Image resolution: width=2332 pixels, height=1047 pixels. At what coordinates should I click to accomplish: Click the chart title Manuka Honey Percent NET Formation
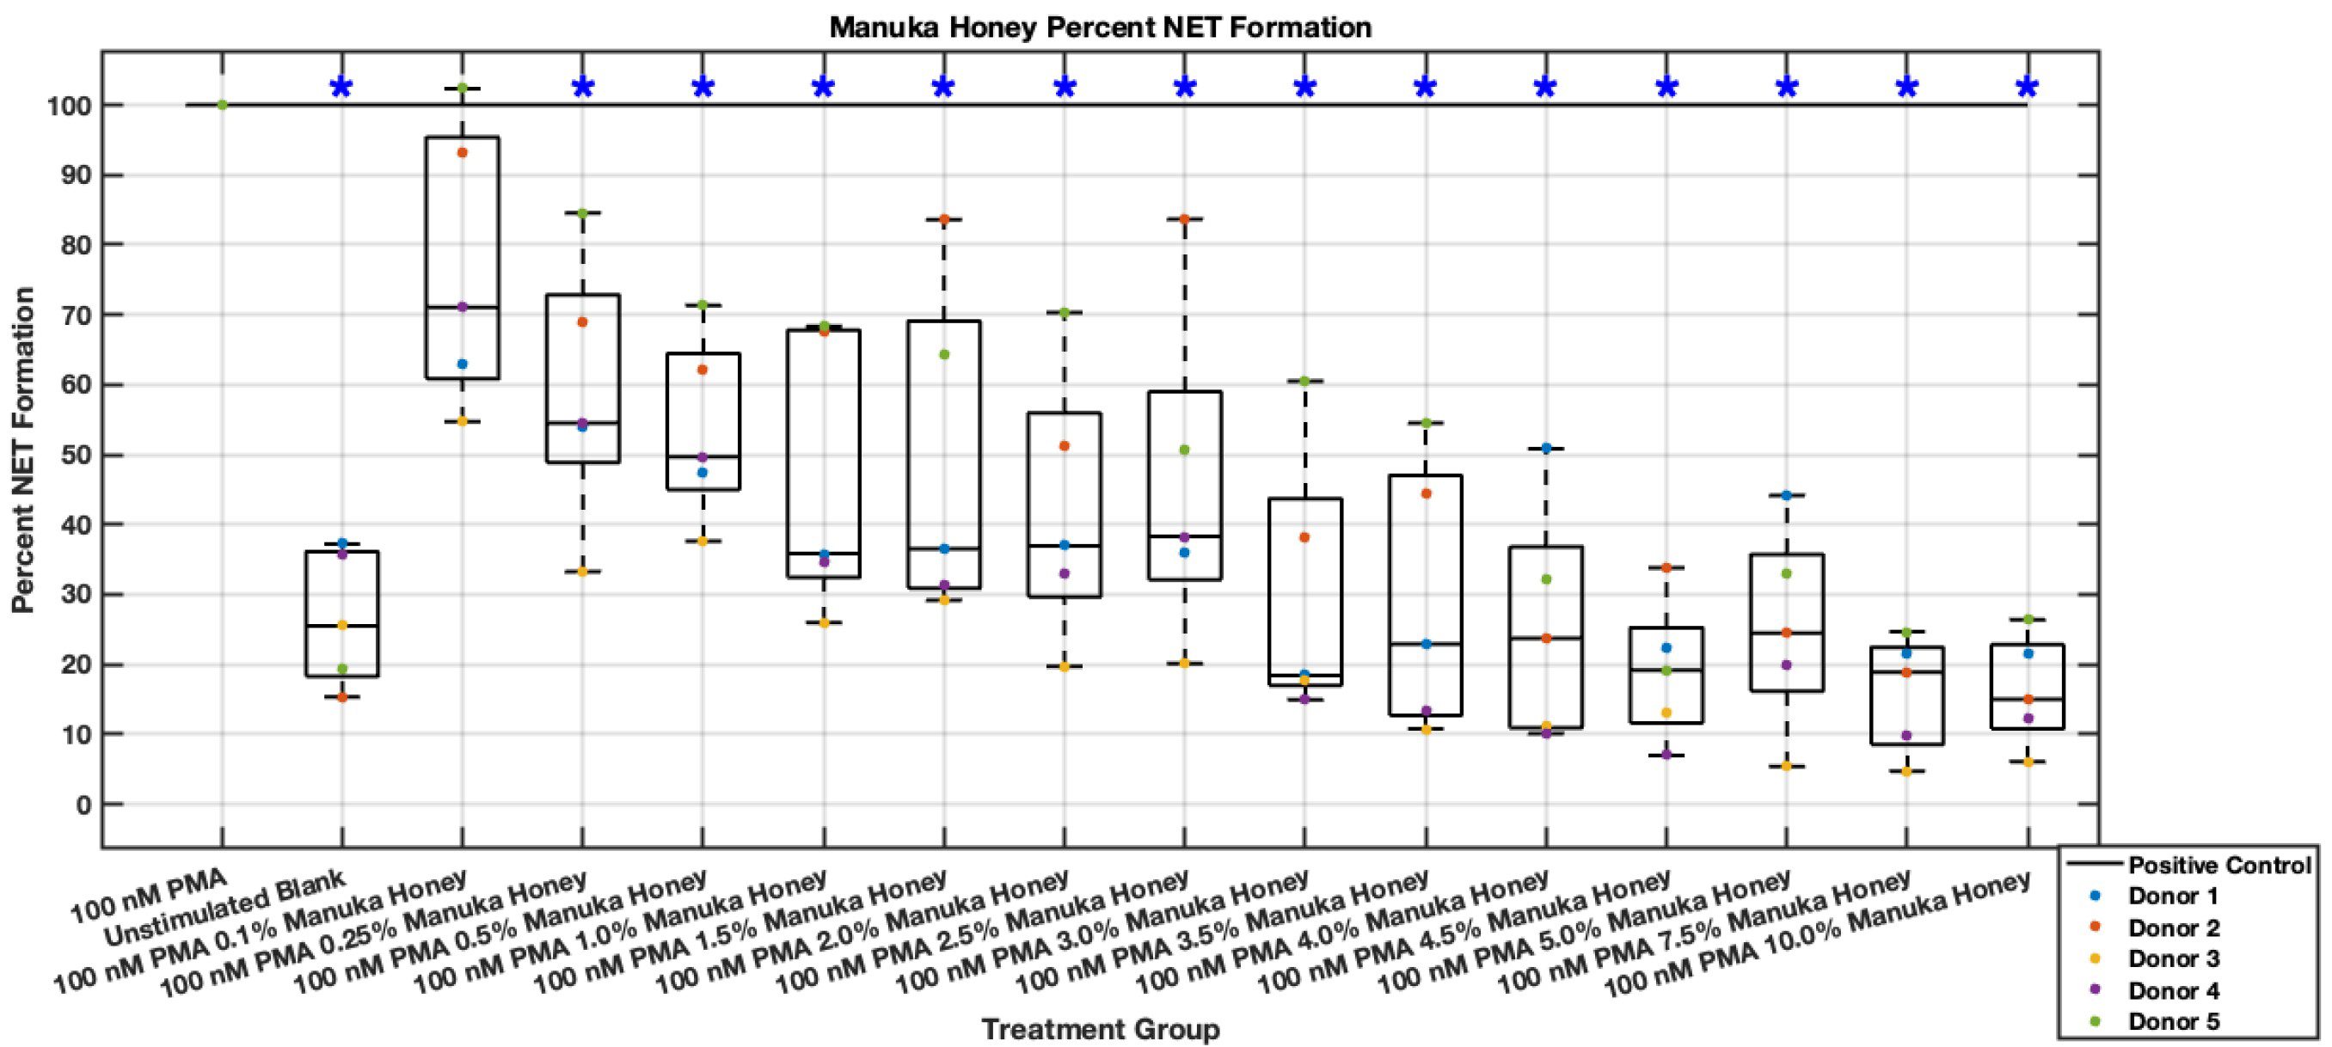pyautogui.click(x=1100, y=28)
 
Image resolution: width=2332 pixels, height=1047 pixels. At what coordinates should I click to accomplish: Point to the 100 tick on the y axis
pyautogui.click(x=69, y=106)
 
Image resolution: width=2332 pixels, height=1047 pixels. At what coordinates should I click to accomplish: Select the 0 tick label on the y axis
pyautogui.click(x=83, y=805)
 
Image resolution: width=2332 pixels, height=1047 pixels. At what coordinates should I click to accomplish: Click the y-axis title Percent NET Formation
pyautogui.click(x=23, y=450)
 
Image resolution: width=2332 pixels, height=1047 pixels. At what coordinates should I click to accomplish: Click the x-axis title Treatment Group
pyautogui.click(x=1100, y=1029)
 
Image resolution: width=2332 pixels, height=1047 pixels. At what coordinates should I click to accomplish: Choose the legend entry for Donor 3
pyautogui.click(x=2173, y=958)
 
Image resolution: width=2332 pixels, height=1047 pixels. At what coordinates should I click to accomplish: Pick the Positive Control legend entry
pyautogui.click(x=2218, y=865)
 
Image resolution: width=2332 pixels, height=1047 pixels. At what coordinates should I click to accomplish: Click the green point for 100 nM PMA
pyautogui.click(x=222, y=105)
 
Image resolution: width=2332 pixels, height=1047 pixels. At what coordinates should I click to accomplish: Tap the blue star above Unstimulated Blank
pyautogui.click(x=341, y=87)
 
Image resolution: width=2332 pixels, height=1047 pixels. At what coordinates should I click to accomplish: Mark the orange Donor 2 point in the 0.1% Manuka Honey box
pyautogui.click(x=462, y=153)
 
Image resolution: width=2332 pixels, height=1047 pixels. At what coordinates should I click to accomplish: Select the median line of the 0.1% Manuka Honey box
pyautogui.click(x=462, y=308)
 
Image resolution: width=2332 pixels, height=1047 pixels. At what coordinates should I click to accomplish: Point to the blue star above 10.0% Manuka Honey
pyautogui.click(x=2028, y=87)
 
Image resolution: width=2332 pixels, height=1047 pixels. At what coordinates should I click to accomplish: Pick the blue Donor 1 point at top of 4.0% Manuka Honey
pyautogui.click(x=1546, y=448)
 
